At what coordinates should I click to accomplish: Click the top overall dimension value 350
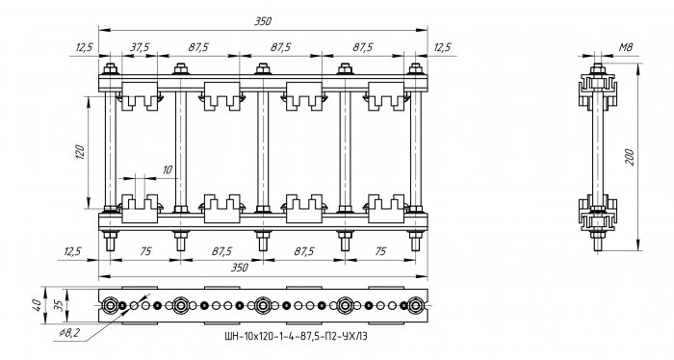[x=263, y=21]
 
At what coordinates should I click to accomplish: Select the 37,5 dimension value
[x=140, y=47]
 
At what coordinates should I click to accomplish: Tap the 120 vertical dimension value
[x=80, y=152]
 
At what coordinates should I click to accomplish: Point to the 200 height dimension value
[x=629, y=157]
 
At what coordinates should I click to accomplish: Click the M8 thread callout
[x=626, y=47]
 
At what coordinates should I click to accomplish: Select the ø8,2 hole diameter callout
[x=69, y=333]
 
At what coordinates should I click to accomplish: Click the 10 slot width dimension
[x=168, y=170]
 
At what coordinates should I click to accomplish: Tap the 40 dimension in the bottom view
[x=38, y=305]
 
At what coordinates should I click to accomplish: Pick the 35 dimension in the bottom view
[x=60, y=305]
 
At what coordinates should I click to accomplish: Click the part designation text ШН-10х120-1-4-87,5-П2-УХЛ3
[x=296, y=336]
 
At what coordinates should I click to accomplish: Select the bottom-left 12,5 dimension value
[x=73, y=251]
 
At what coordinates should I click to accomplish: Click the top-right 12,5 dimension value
[x=442, y=47]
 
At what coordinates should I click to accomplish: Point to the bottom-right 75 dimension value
[x=380, y=251]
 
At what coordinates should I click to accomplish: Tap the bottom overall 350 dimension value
[x=240, y=268]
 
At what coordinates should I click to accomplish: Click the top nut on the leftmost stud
[x=111, y=68]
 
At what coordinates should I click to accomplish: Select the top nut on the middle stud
[x=263, y=68]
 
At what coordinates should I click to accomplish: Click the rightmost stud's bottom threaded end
[x=415, y=244]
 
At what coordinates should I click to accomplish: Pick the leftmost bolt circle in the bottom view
[x=111, y=305]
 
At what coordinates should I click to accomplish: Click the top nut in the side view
[x=598, y=68]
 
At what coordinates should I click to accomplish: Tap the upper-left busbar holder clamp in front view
[x=140, y=96]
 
